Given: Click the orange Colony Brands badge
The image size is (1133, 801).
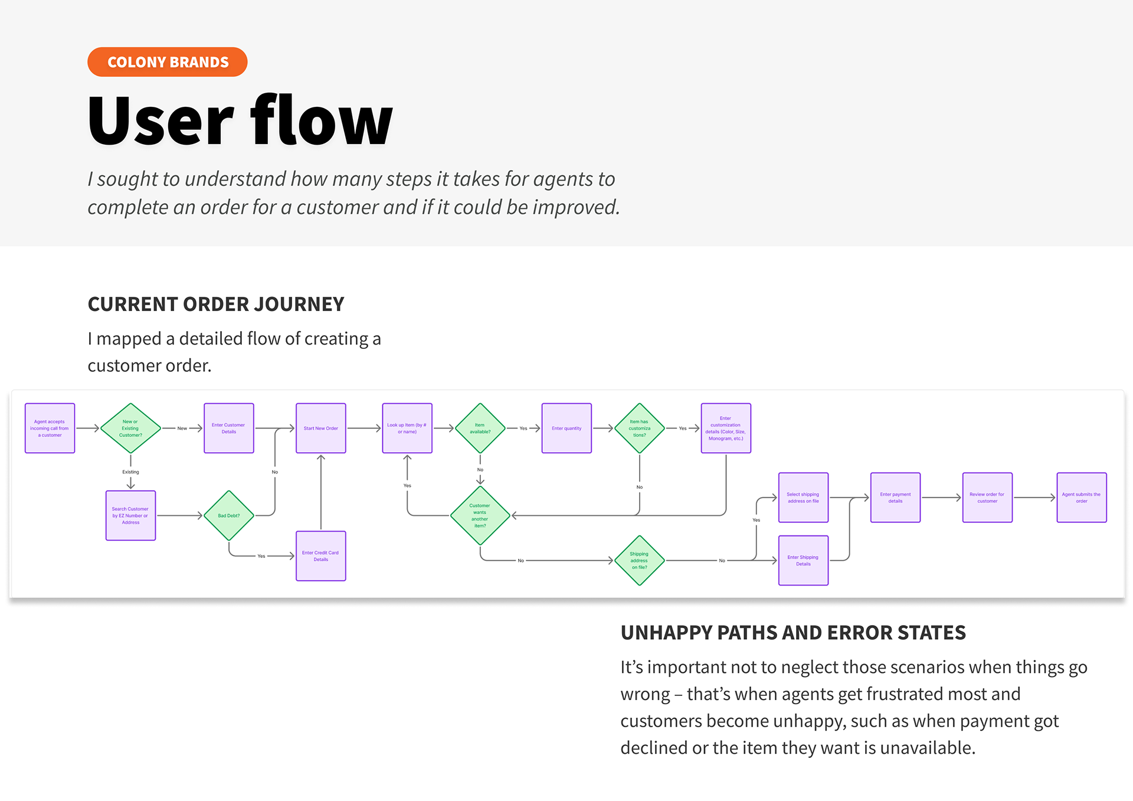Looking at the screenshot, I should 167,62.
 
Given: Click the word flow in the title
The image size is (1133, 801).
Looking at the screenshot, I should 322,121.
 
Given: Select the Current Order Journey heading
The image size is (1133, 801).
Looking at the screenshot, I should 215,304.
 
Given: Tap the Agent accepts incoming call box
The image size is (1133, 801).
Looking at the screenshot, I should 50,429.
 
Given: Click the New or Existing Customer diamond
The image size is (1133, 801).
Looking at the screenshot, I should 130,429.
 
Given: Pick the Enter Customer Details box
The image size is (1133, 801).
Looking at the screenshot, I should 229,429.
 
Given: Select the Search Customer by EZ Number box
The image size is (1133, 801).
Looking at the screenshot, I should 130,515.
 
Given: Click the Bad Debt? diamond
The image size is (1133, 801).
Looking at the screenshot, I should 229,515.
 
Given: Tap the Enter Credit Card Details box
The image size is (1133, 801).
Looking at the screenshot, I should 320,556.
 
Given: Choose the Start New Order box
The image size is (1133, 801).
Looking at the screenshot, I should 320,429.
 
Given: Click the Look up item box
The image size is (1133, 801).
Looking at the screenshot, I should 407,429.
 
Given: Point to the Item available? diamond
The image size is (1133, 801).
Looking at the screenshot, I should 480,429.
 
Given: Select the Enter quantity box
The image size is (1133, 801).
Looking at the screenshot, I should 566,429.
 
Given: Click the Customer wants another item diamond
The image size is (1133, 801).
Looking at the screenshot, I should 480,515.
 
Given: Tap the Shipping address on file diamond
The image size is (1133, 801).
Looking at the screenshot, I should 639,560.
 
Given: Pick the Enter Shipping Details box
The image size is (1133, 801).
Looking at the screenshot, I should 803,560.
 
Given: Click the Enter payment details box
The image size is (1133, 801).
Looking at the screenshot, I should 895,498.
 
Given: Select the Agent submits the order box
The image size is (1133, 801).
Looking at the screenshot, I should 1081,498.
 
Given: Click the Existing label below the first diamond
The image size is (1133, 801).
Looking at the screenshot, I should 130,472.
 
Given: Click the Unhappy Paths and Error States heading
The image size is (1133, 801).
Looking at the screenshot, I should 793,633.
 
